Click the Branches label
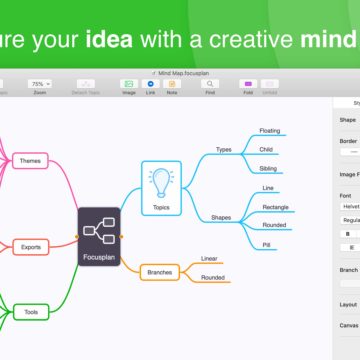pyautogui.click(x=159, y=271)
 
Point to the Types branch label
pyautogui.click(x=224, y=150)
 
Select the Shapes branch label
pyautogui.click(x=222, y=217)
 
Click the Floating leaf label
pyautogui.click(x=270, y=131)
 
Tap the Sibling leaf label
pyautogui.click(x=268, y=169)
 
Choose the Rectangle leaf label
pyautogui.click(x=276, y=207)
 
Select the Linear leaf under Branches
pyautogui.click(x=209, y=258)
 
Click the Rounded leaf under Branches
pyautogui.click(x=212, y=278)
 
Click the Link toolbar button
pyautogui.click(x=151, y=86)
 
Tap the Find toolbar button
pyautogui.click(x=210, y=86)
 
